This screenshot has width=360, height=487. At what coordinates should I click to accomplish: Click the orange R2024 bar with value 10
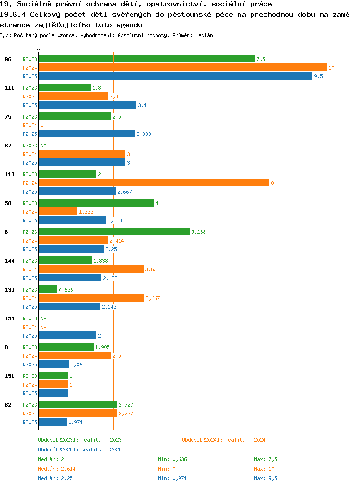pyautogui.click(x=183, y=67)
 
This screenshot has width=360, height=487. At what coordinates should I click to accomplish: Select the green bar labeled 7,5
pyautogui.click(x=147, y=59)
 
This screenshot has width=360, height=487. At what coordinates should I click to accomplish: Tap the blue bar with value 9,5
pyautogui.click(x=176, y=76)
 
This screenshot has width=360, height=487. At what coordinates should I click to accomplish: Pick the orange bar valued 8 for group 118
pyautogui.click(x=154, y=183)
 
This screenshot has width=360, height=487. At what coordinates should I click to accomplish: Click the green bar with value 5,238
pyautogui.click(x=115, y=231)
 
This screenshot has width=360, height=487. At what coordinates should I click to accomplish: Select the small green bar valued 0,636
pyautogui.click(x=48, y=289)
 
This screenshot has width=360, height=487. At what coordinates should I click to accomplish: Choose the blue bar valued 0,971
pyautogui.click(x=53, y=422)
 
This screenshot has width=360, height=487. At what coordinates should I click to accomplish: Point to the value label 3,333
pyautogui.click(x=144, y=134)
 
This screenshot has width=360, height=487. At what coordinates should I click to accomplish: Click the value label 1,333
pyautogui.click(x=86, y=212)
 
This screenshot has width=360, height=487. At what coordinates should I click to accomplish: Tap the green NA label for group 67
pyautogui.click(x=44, y=146)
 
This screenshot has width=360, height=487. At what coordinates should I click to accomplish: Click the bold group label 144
pyautogui.click(x=10, y=261)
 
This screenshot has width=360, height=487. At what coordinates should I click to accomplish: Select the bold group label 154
pyautogui.click(x=10, y=318)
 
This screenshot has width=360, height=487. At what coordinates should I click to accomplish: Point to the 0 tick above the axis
pyautogui.click(x=38, y=49)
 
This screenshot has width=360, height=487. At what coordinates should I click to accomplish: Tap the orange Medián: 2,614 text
pyautogui.click(x=57, y=469)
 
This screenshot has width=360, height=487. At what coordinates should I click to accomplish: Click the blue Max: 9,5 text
pyautogui.click(x=265, y=479)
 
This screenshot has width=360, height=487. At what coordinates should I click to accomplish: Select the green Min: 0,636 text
pyautogui.click(x=172, y=459)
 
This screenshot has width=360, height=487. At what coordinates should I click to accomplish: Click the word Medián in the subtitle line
pyautogui.click(x=204, y=36)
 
